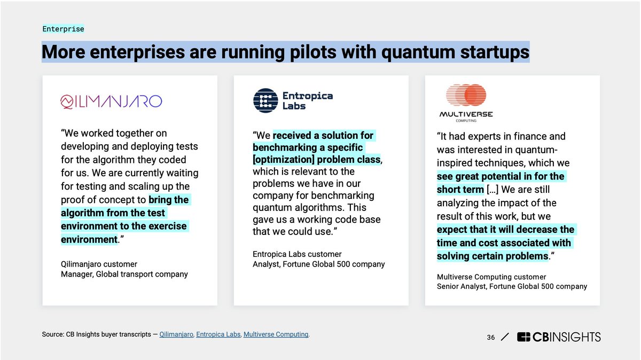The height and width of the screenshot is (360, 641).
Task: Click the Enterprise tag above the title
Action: point(63,29)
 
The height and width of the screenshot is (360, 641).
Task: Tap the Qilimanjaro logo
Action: point(111,101)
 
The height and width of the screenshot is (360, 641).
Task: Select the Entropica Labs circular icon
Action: point(265,100)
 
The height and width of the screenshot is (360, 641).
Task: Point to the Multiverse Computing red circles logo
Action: point(465,95)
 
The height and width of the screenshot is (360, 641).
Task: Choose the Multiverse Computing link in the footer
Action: point(276,334)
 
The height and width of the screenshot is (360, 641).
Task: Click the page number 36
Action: point(491,337)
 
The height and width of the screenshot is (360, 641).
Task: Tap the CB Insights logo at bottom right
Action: point(559,337)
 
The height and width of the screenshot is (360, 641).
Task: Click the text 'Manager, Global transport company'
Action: point(124,274)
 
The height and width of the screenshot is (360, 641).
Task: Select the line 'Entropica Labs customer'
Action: point(297,254)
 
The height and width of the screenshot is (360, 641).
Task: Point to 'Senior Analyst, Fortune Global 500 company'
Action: point(512,286)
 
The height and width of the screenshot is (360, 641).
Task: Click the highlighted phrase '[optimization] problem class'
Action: point(317,160)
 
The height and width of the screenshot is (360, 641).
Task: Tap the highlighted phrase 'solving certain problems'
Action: point(492,256)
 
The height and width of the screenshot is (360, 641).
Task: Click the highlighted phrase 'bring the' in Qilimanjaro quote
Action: point(169,200)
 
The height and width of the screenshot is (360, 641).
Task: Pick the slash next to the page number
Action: point(505,337)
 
